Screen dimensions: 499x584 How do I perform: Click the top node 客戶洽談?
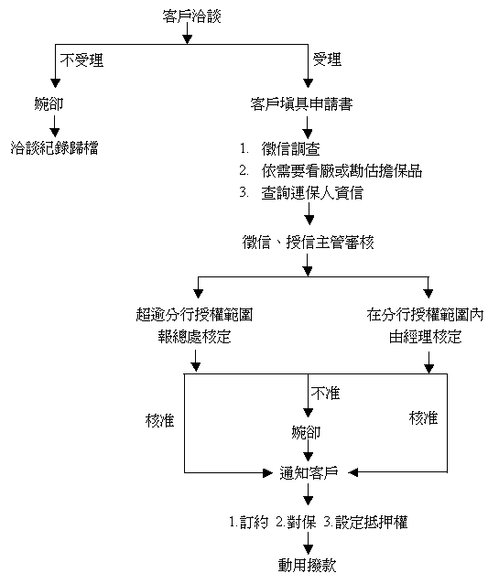[191, 16]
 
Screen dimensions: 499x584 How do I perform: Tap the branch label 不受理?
[81, 60]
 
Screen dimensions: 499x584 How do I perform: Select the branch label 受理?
[327, 59]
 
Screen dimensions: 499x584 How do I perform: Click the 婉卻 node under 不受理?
[49, 103]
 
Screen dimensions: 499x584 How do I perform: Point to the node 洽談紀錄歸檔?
[54, 148]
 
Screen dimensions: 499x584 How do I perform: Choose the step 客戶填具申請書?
[301, 104]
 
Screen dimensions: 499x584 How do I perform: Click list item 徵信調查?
[290, 149]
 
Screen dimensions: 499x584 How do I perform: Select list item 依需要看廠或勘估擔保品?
[342, 171]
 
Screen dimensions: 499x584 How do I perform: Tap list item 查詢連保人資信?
[312, 193]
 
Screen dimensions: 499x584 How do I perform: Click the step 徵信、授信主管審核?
[309, 243]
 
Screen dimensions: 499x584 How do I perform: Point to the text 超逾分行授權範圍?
[194, 315]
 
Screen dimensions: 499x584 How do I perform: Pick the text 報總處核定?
[194, 337]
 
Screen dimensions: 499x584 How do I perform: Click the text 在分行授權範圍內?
[425, 315]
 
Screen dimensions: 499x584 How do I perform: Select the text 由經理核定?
[425, 337]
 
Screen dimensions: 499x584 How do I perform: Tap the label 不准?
[325, 394]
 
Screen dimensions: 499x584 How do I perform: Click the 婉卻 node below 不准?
[306, 432]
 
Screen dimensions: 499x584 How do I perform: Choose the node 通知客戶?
[309, 472]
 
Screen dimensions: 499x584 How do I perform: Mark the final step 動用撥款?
[308, 566]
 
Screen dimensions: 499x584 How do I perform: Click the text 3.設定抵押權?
[365, 522]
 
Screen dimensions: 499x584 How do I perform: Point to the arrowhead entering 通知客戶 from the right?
[353, 472]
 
